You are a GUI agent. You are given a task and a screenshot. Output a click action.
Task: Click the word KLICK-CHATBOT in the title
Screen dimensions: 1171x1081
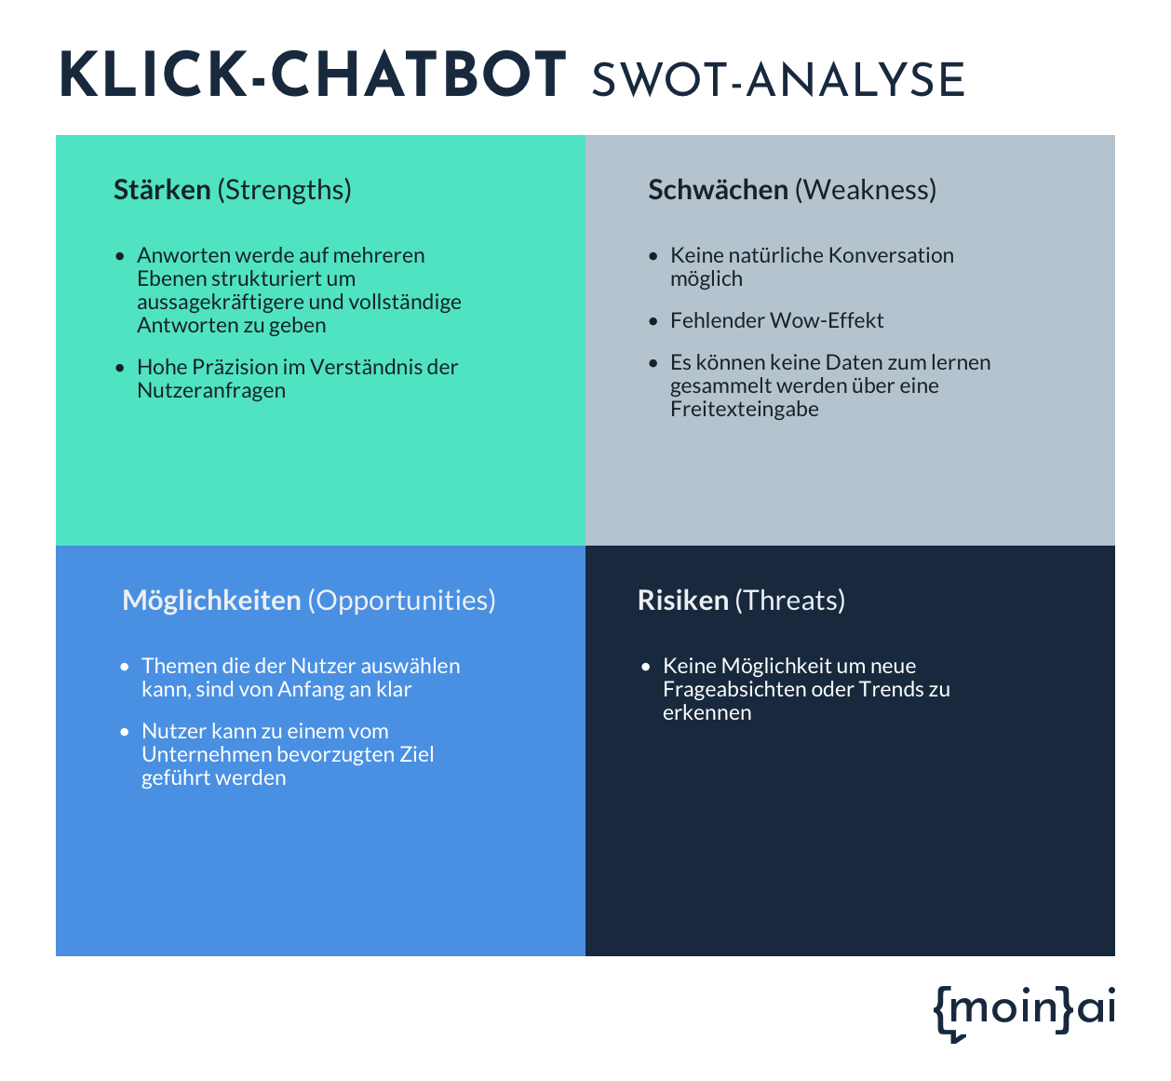pyautogui.click(x=313, y=74)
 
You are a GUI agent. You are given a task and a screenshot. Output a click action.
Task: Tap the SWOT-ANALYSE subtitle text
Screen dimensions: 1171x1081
pyautogui.click(x=778, y=80)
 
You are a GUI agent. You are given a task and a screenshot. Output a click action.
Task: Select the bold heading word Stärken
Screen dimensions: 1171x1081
pyautogui.click(x=162, y=190)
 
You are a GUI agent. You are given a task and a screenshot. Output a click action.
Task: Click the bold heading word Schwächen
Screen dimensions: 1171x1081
pyautogui.click(x=719, y=190)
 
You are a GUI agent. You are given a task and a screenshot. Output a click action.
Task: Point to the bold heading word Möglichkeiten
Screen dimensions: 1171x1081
pyautogui.click(x=211, y=601)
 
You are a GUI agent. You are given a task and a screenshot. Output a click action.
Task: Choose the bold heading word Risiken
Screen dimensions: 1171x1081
pyautogui.click(x=683, y=601)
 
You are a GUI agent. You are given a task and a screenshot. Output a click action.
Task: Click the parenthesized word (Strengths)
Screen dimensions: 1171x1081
pyautogui.click(x=285, y=191)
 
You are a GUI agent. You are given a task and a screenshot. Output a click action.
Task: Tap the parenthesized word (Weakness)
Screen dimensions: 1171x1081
pyautogui.click(x=866, y=191)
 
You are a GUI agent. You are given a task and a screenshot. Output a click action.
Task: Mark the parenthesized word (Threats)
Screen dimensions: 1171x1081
pyautogui.click(x=790, y=601)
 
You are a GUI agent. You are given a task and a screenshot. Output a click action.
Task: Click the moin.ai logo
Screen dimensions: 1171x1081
pyautogui.click(x=1024, y=1013)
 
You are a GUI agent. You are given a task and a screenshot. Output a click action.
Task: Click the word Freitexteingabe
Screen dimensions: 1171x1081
pyautogui.click(x=744, y=409)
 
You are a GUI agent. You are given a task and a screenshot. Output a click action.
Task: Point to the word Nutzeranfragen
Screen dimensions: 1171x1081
pyautogui.click(x=211, y=391)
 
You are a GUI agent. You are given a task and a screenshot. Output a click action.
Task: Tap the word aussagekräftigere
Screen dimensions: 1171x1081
pyautogui.click(x=220, y=302)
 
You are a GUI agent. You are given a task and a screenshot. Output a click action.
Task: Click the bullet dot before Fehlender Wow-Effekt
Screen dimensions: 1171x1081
pyautogui.click(x=653, y=321)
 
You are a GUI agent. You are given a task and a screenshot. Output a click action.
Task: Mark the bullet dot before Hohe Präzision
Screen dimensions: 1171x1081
pyautogui.click(x=120, y=368)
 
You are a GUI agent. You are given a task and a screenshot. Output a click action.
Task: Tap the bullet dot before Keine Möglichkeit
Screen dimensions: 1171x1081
pyautogui.click(x=646, y=668)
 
